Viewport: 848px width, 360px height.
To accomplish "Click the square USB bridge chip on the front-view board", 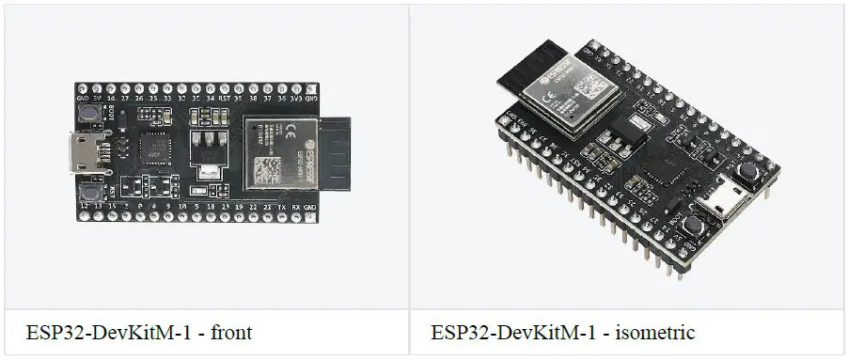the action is tap(153, 148).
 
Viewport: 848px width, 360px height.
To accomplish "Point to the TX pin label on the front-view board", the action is tap(281, 205).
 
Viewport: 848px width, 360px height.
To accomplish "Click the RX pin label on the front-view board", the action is tap(295, 205).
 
